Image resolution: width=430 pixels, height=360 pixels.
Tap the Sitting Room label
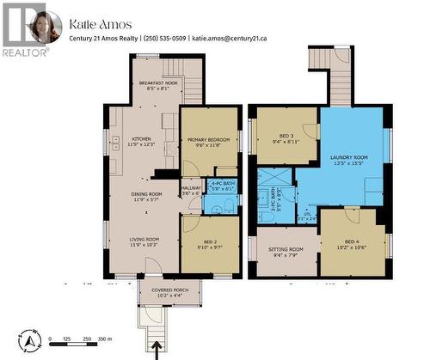[285, 251]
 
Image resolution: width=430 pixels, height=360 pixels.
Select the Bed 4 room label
[353, 243]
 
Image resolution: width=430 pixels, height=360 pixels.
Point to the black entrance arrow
[157, 349]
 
